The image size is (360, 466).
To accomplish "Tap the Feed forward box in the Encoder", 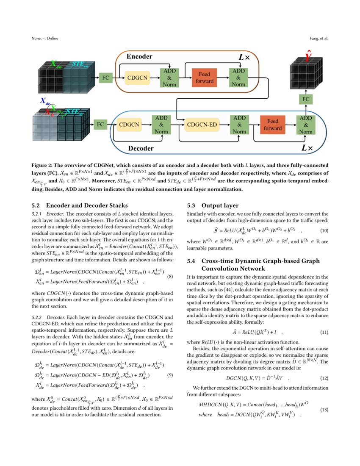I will [204, 78].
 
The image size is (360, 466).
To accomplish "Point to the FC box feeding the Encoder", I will [105, 78].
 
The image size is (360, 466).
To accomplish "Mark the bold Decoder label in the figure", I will [141, 149].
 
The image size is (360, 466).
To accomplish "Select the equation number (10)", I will [324, 230].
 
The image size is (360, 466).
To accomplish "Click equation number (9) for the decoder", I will [170, 375].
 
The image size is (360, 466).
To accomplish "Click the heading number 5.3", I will [192, 205].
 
